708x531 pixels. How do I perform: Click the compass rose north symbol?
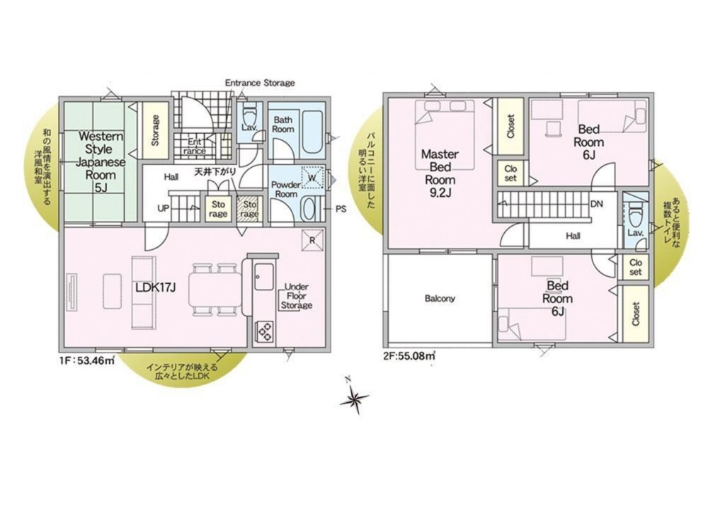tap(355, 398)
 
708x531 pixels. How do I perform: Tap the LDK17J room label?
tap(155, 287)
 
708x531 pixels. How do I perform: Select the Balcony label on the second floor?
tap(440, 299)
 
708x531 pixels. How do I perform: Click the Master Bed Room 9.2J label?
tap(440, 173)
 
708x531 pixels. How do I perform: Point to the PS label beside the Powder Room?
tap(341, 209)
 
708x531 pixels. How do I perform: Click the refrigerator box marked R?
tap(312, 240)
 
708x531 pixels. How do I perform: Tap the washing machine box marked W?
tap(312, 178)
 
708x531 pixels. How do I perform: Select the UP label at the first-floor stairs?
tap(164, 209)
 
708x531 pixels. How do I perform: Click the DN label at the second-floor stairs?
tap(596, 204)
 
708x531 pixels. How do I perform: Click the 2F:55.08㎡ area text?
tap(409, 355)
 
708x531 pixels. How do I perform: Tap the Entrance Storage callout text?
tap(260, 83)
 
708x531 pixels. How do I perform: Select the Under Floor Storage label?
tap(296, 296)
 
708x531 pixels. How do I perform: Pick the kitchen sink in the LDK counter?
tap(264, 276)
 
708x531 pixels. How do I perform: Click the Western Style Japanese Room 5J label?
tap(101, 161)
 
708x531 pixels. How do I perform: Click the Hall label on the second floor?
tap(573, 236)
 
